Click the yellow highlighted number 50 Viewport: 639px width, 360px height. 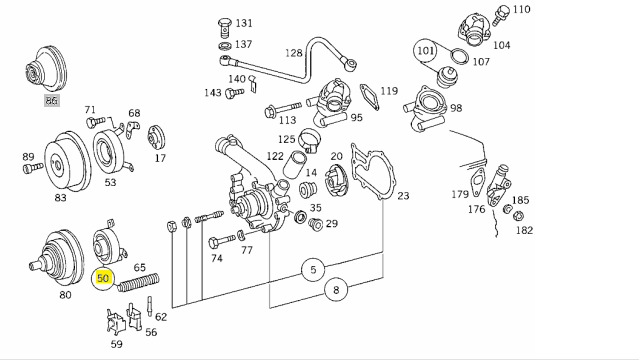103,278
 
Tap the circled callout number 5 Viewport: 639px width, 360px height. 313,269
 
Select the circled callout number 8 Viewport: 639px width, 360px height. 336,290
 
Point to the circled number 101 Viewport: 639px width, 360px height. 425,51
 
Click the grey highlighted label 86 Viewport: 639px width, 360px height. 51,100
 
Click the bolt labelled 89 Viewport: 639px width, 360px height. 33,167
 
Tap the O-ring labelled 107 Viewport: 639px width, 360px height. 460,57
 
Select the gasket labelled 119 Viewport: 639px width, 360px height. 370,97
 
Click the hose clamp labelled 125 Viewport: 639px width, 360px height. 310,140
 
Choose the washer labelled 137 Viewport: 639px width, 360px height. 225,45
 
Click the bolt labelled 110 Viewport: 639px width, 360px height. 500,15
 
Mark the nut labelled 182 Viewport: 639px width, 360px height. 518,216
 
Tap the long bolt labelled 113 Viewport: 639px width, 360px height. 282,109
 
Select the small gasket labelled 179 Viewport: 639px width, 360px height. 478,181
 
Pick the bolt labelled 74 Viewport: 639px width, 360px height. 221,242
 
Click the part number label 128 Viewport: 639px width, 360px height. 294,53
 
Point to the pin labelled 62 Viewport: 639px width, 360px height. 150,306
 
